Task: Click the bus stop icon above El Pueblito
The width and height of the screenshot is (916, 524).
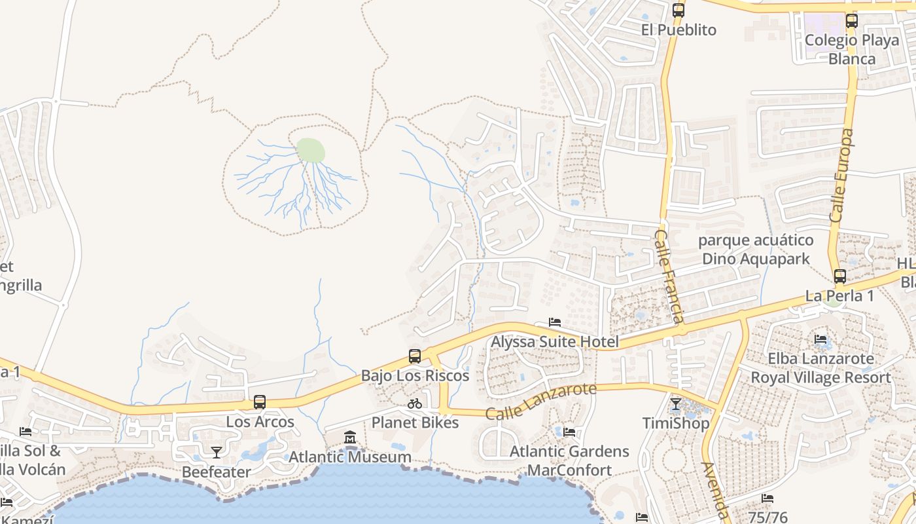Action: pos(678,10)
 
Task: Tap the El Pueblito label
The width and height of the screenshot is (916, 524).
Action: pos(678,30)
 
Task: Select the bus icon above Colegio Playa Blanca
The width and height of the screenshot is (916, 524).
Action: pos(851,20)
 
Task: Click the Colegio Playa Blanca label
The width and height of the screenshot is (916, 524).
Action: pos(852,50)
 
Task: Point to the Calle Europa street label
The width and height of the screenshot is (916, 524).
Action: pos(842,176)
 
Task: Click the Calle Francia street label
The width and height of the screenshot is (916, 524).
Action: pos(669,276)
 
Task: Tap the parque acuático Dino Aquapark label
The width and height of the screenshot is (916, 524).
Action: pos(756,250)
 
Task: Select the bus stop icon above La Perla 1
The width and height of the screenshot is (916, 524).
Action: pos(840,276)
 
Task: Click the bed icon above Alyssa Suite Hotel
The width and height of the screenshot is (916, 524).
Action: pos(555,322)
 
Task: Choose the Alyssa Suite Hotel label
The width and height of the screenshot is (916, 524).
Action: pos(555,342)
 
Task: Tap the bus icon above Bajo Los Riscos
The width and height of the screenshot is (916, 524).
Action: pos(415,356)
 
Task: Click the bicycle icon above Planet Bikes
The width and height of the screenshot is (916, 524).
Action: pos(415,403)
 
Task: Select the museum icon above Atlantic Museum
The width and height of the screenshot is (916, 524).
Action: pos(350,438)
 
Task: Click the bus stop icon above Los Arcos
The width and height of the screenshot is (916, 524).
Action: pos(260,402)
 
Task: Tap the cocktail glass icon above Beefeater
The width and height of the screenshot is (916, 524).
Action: pos(216,452)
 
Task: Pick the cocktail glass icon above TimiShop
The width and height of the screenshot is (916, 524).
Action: pos(676,403)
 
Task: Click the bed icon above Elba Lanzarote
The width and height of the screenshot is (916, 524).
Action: pos(820,339)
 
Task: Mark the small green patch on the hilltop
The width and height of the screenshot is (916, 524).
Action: pos(311,151)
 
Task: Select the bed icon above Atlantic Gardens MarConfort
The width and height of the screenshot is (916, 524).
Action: pos(569,432)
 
